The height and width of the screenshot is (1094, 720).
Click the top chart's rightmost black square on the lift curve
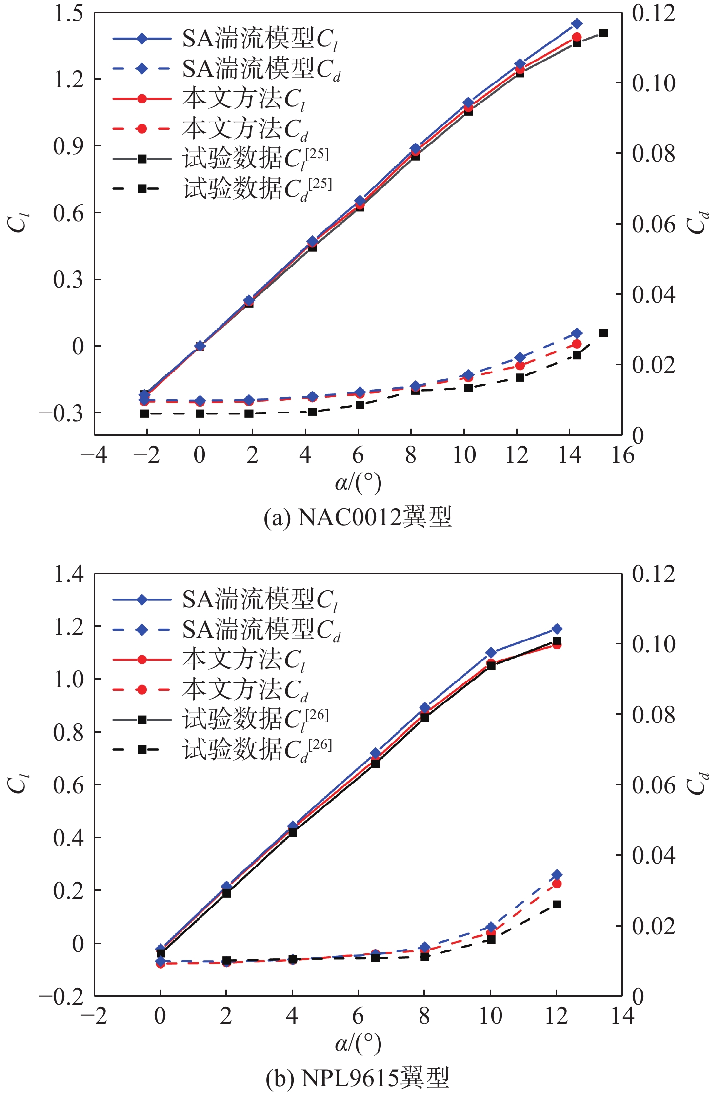(x=603, y=33)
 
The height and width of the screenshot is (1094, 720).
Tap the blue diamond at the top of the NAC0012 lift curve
(x=577, y=23)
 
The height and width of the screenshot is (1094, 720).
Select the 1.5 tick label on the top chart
(x=68, y=13)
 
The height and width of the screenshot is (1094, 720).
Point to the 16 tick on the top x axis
(x=622, y=455)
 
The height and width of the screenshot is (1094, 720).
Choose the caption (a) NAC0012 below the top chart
(x=358, y=517)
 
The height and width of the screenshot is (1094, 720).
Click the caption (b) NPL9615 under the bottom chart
(x=358, y=1077)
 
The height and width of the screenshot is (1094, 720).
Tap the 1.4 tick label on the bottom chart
(x=68, y=574)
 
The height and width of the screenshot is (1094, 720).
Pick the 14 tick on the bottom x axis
(x=622, y=1015)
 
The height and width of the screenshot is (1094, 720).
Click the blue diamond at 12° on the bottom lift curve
(x=557, y=629)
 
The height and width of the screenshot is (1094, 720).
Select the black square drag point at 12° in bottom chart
(x=557, y=904)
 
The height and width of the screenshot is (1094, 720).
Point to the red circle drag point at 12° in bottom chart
(x=557, y=884)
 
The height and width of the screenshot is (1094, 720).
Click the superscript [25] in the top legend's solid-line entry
(x=317, y=154)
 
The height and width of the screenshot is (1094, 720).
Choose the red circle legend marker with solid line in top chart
(x=142, y=99)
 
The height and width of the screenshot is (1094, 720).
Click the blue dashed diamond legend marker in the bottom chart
(x=142, y=630)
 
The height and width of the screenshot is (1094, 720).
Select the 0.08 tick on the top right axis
(x=654, y=154)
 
